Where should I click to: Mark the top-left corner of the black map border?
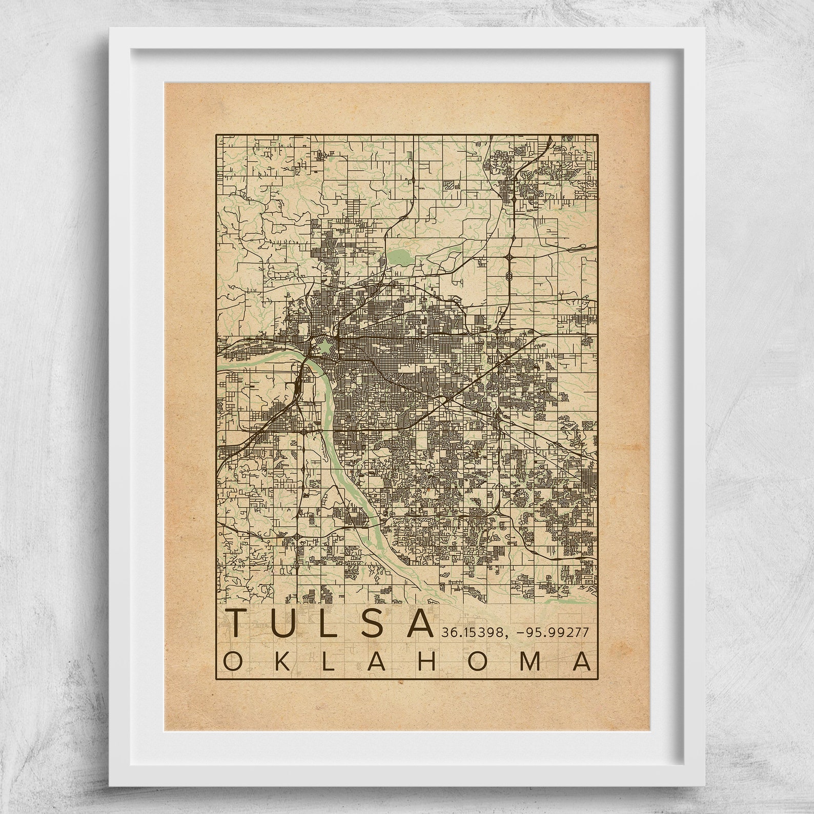(216, 135)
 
